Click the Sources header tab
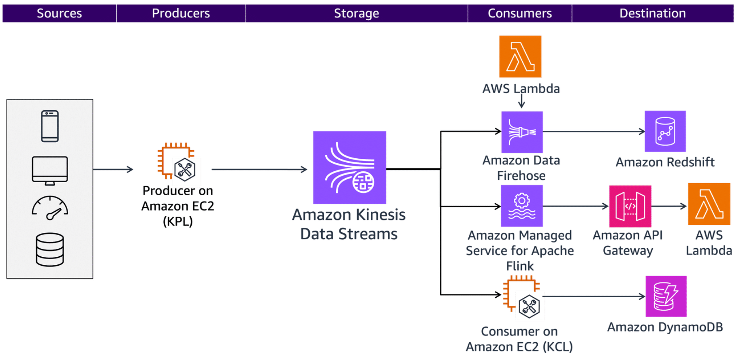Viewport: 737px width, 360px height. [59, 13]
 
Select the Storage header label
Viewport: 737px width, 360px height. [356, 13]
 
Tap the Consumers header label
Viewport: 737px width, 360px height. [519, 13]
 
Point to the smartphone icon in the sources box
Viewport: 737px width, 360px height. [50, 126]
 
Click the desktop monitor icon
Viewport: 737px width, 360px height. [50, 170]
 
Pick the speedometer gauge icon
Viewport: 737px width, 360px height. [50, 208]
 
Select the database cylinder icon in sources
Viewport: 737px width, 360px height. [50, 249]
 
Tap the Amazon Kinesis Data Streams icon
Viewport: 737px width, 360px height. [349, 167]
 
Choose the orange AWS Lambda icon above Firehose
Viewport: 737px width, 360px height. [520, 56]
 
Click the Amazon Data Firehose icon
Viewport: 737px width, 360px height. [522, 132]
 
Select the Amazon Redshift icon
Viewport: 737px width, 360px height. [665, 131]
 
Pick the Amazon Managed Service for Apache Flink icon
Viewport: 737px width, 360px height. [521, 206]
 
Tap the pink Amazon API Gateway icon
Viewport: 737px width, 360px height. [630, 206]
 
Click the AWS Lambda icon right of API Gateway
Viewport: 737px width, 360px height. [709, 204]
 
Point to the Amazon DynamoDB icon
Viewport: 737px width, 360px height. [666, 296]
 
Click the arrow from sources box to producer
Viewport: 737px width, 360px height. [113, 169]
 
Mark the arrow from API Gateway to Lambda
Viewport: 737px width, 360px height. [669, 206]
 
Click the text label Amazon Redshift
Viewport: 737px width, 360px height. [665, 162]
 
